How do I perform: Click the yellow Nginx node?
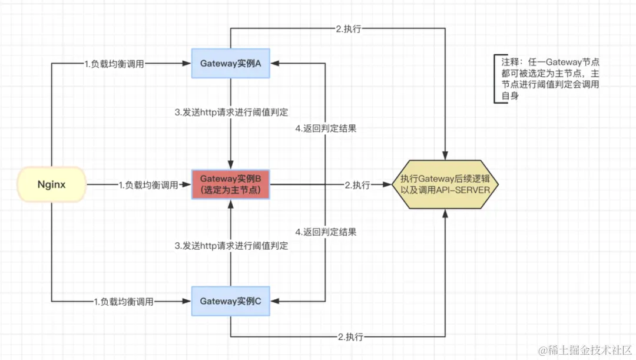coord(51,184)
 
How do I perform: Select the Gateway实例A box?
coord(230,64)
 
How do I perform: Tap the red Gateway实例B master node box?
coord(230,184)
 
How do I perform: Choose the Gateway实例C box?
coord(230,301)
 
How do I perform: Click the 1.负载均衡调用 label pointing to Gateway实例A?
coord(114,64)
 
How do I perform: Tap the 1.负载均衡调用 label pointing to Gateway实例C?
coord(124,302)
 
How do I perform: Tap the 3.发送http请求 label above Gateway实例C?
coord(232,246)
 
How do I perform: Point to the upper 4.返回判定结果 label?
coord(326,128)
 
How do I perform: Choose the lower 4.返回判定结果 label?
coord(326,232)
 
